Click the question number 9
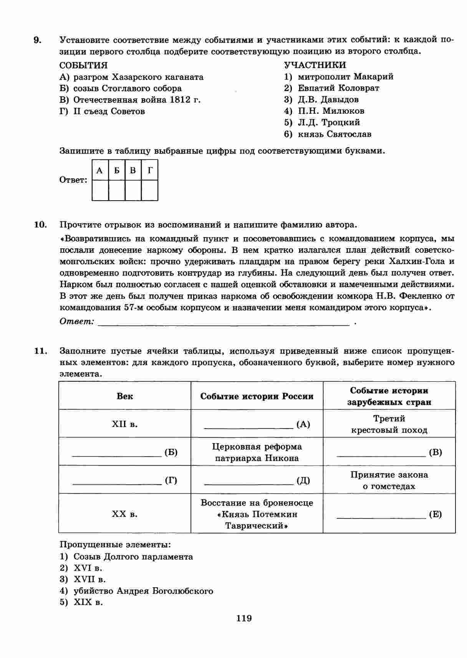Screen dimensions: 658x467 (x=37, y=40)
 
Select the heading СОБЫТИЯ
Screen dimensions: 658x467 (x=83, y=65)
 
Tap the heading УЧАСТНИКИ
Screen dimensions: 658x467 (x=315, y=65)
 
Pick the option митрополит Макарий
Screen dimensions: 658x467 (x=345, y=76)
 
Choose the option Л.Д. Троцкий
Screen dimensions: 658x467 (x=329, y=123)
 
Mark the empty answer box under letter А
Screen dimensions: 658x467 (x=100, y=190)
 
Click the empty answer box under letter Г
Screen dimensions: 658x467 (x=150, y=190)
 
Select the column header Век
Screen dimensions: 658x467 (x=125, y=396)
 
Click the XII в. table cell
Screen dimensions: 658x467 (x=125, y=424)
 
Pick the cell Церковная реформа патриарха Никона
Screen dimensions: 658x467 (x=257, y=452)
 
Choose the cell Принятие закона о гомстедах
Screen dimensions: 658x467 (x=389, y=480)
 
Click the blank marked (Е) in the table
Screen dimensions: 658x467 (x=389, y=514)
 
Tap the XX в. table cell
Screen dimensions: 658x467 (x=125, y=514)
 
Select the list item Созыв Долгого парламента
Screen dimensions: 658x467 (x=133, y=557)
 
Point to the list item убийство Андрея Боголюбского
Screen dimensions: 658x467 (x=143, y=591)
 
